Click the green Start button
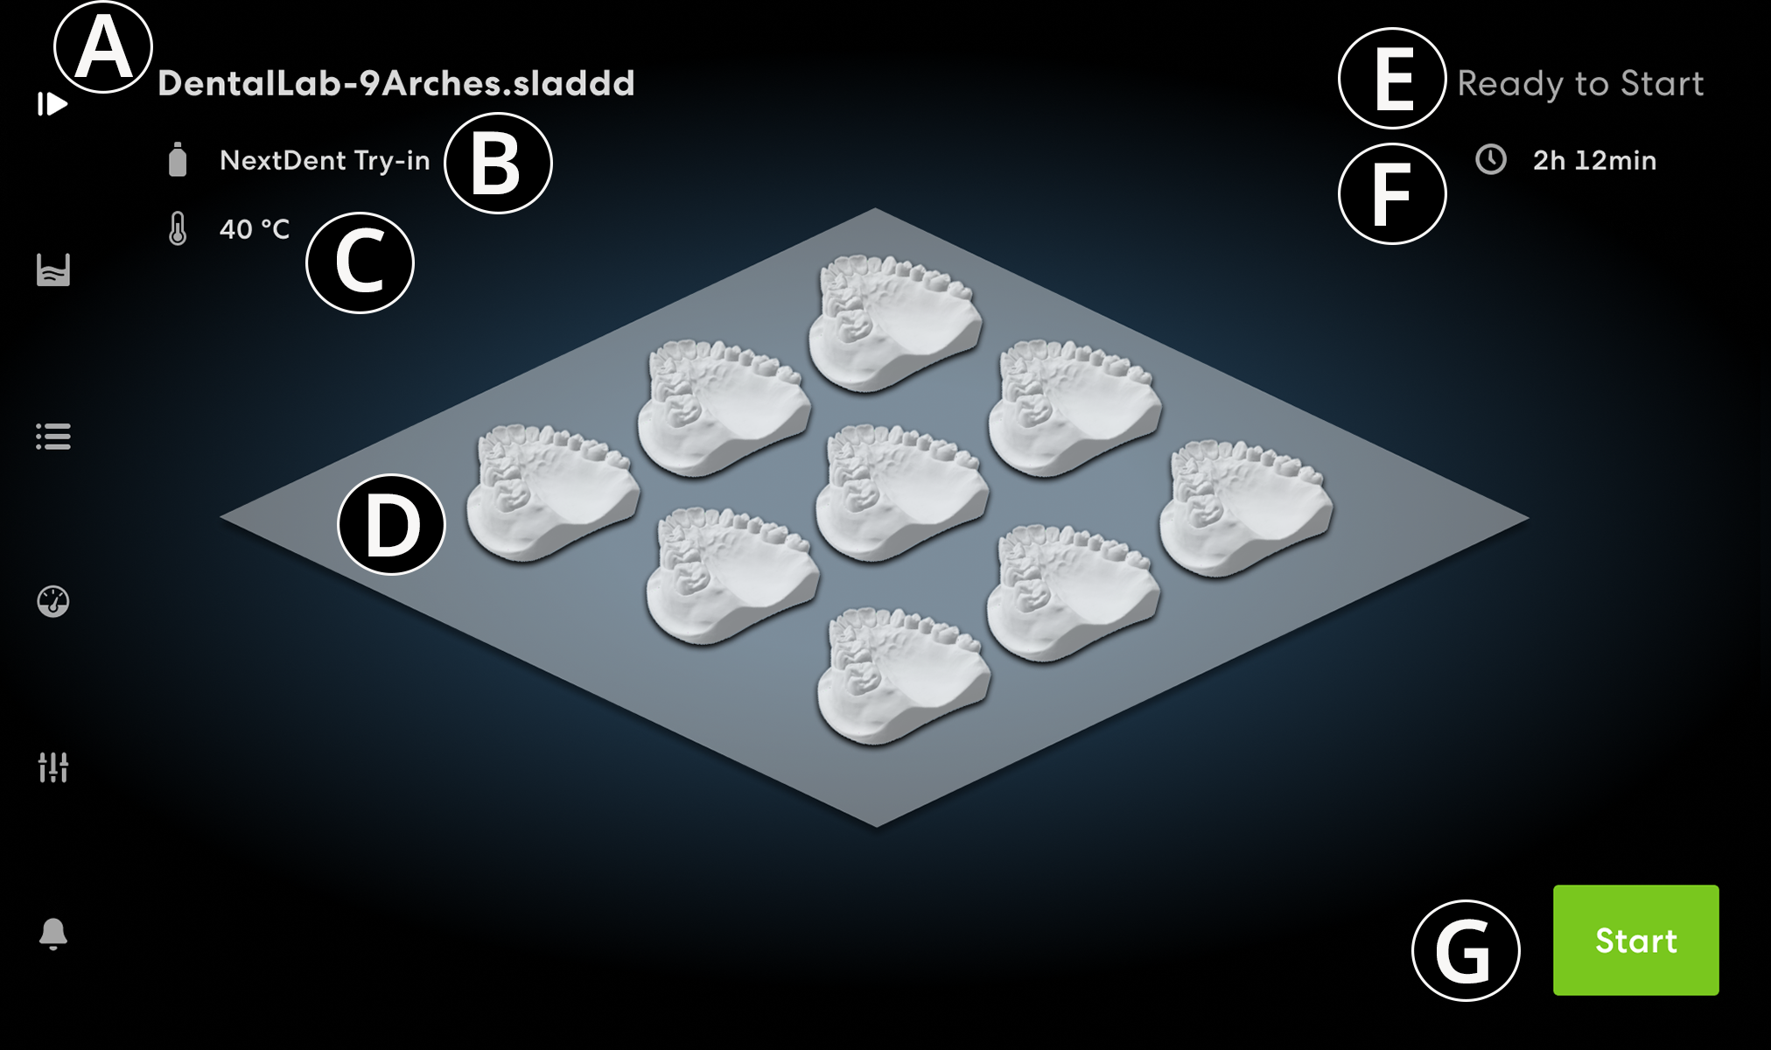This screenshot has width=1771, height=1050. coord(1635,940)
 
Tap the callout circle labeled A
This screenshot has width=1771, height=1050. coord(103,47)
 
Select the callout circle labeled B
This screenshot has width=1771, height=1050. coord(498,164)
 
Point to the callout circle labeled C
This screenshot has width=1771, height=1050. coord(360,262)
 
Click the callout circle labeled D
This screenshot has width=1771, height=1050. coord(392,524)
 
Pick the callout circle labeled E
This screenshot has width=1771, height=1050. coord(1391,79)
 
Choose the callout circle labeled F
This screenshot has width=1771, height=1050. coord(1391,193)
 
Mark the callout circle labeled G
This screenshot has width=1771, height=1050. coord(1466,950)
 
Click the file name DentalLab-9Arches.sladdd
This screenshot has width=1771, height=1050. coord(396,83)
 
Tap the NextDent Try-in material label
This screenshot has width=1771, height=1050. coord(325,161)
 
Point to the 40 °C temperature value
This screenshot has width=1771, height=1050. coord(254,229)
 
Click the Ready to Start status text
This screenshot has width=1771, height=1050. coord(1580,84)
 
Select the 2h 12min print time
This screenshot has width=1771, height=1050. coord(1594,161)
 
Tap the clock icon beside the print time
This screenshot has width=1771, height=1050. coord(1491,159)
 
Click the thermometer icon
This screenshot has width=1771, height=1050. coord(178,229)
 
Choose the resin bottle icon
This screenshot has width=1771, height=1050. coord(178,160)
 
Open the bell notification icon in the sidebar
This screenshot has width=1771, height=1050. coord(53,934)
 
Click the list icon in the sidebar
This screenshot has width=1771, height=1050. coord(53,436)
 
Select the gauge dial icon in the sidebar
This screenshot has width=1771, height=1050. coord(53,601)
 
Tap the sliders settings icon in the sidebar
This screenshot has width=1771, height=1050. coord(53,767)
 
